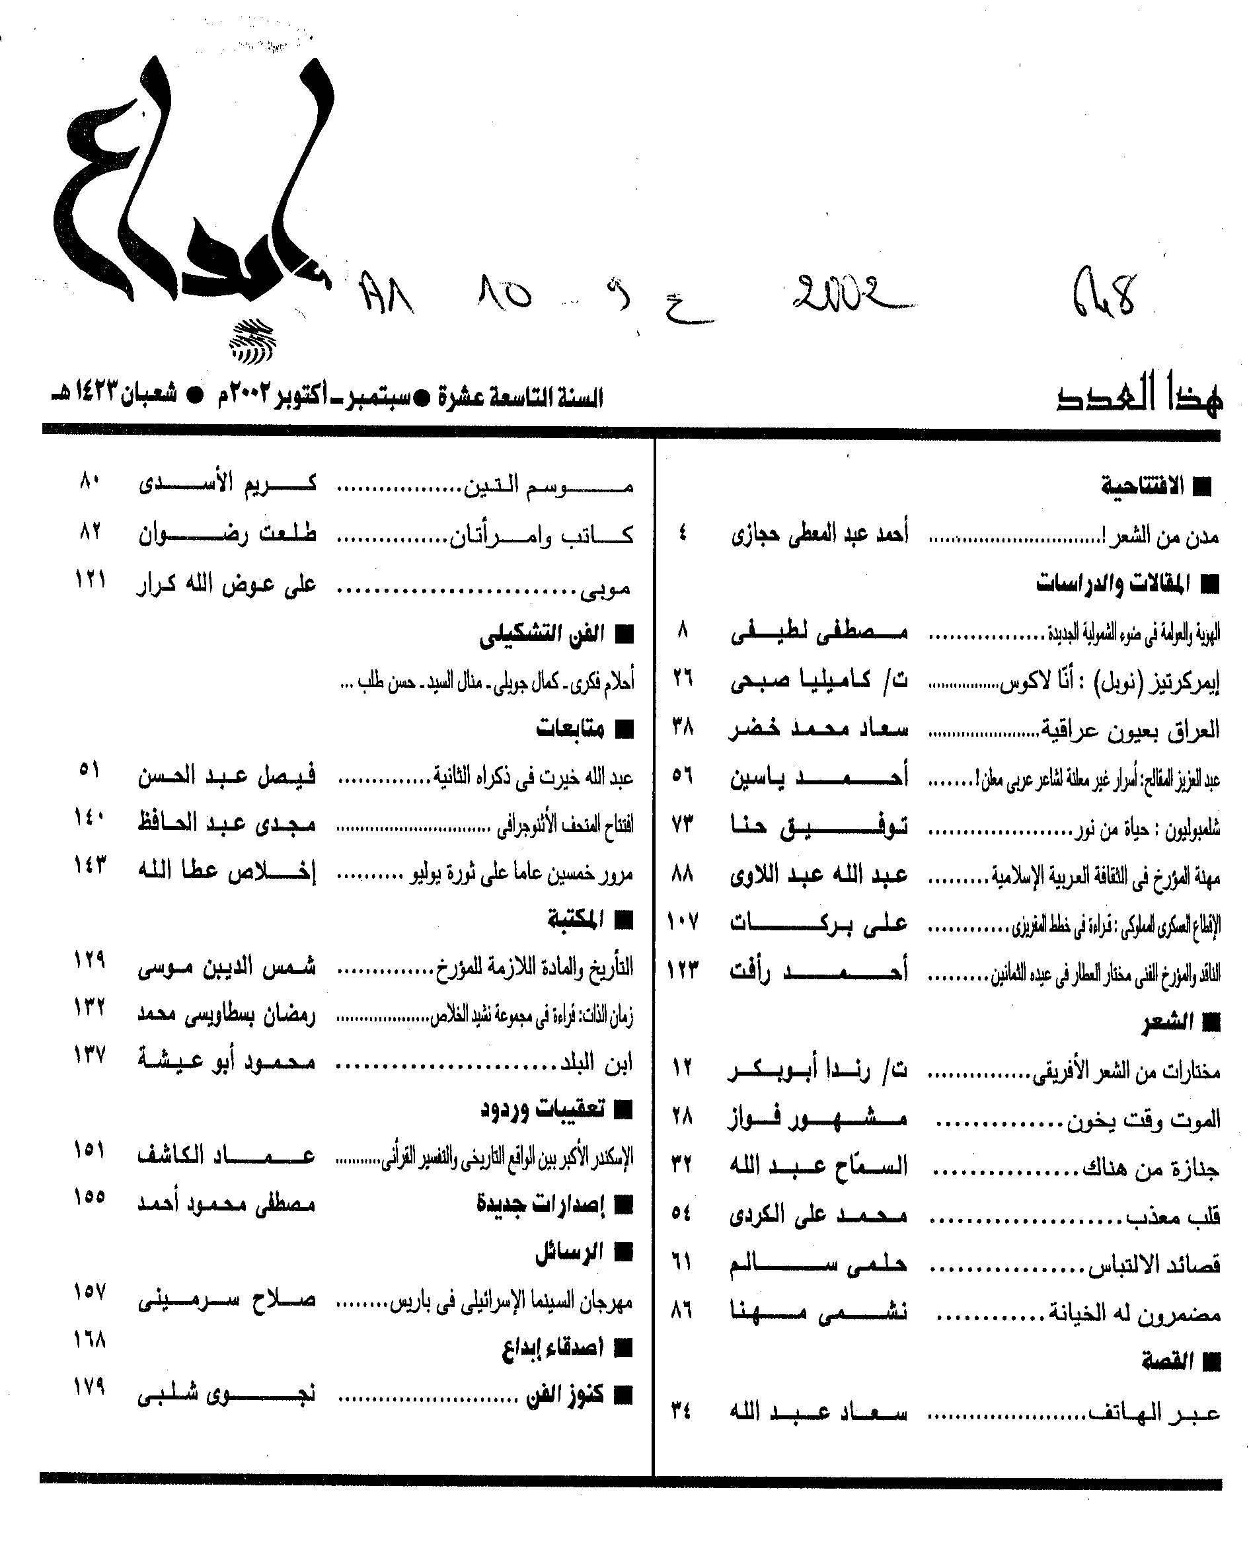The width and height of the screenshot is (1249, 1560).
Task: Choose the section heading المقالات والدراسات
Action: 1112,583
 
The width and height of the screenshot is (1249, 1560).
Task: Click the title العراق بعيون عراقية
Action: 1129,729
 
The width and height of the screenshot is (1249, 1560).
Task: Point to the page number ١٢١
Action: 91,579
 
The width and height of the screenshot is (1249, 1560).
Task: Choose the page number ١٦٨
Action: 90,1340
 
